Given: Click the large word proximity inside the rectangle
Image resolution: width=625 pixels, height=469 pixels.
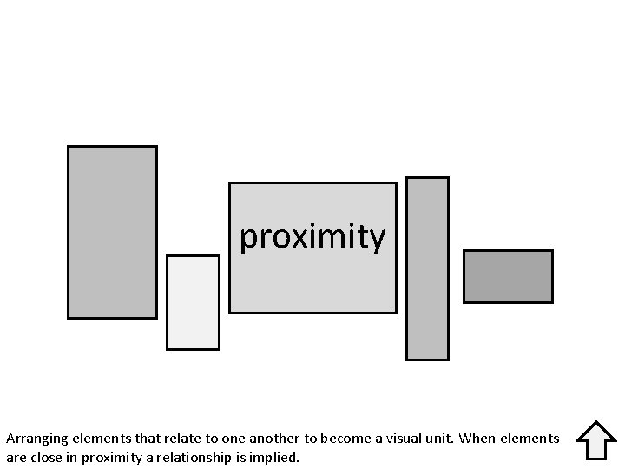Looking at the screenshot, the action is point(312,236).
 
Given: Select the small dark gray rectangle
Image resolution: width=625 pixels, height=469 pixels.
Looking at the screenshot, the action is point(508,276).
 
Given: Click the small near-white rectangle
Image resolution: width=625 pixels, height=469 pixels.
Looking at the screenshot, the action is point(193,302).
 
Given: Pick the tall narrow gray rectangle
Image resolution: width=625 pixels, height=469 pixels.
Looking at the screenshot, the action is point(427,268).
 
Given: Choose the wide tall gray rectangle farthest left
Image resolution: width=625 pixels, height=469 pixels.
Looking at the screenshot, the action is point(112,232).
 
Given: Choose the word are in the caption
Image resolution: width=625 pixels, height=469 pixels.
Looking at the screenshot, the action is point(16,458).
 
